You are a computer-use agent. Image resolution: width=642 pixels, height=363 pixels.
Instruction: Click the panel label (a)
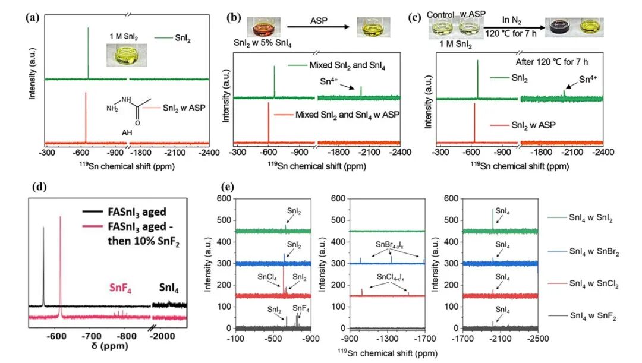pos(32,17)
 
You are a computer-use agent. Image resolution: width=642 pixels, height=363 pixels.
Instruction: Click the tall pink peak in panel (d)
pos(60,261)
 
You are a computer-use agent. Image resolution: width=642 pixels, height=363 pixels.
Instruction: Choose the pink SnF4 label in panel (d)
pos(121,288)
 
